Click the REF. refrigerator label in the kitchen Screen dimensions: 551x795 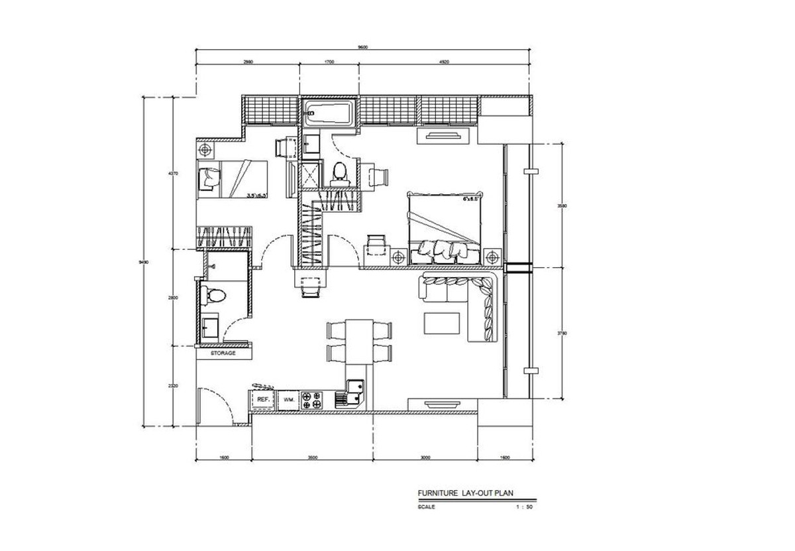click(263, 400)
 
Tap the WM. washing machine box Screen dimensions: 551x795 click(288, 400)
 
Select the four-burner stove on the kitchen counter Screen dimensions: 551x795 click(311, 400)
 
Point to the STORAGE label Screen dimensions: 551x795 click(223, 353)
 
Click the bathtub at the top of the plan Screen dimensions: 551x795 click(329, 113)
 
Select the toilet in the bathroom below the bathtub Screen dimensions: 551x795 click(340, 172)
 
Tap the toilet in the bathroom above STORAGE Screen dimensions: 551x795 click(214, 295)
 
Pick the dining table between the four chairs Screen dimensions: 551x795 click(360, 341)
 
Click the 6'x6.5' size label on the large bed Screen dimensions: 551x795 click(472, 198)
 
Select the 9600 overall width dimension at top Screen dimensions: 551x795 click(362, 46)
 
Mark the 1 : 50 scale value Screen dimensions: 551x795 click(525, 507)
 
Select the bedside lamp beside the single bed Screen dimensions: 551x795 click(207, 149)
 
